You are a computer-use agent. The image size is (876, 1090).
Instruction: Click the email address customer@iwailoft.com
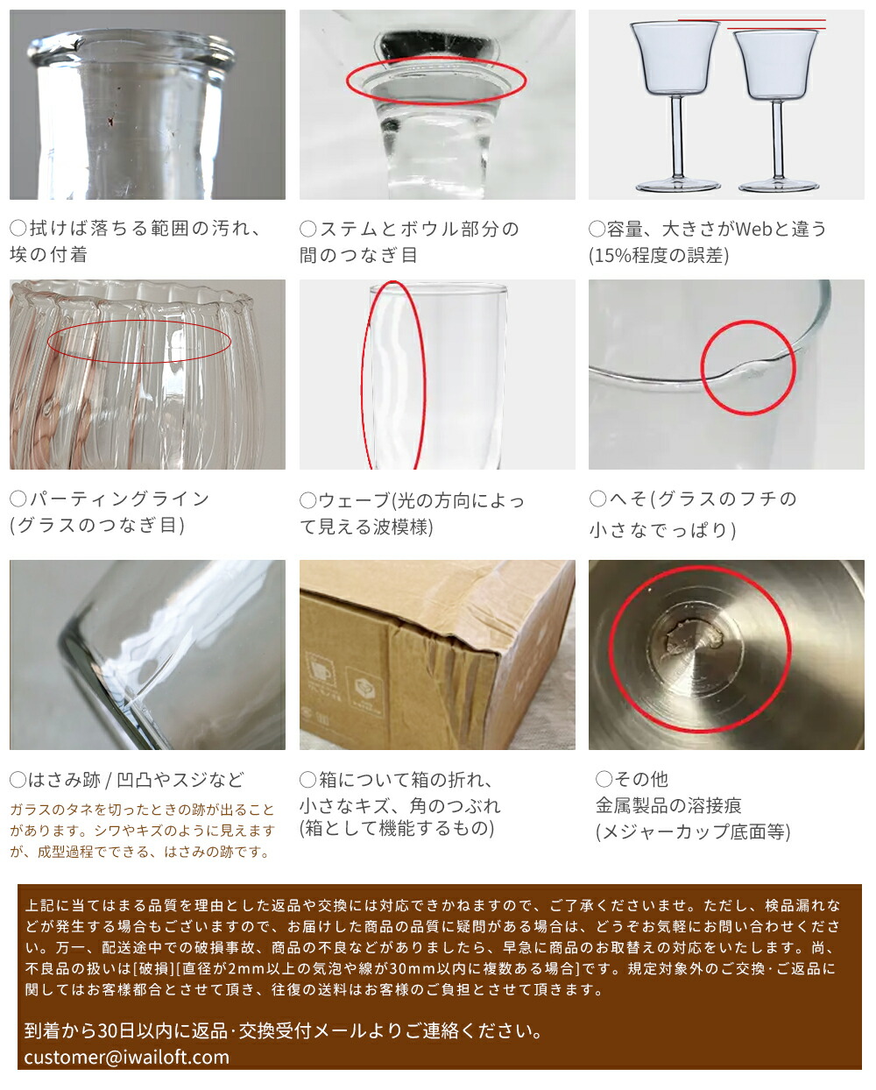(x=127, y=1057)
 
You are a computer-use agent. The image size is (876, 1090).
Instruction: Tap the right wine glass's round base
(x=766, y=186)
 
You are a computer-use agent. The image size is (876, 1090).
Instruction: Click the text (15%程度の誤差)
(x=659, y=255)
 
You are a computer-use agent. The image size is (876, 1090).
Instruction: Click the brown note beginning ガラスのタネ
(x=142, y=830)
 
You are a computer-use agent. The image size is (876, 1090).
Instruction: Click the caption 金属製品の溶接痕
(x=668, y=805)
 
